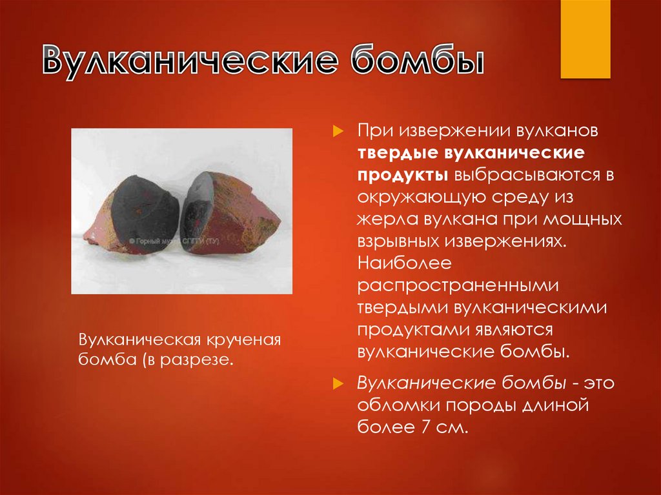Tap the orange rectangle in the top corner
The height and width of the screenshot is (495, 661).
point(585,39)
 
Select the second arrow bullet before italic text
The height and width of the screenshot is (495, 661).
point(336,384)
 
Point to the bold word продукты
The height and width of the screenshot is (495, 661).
point(403,175)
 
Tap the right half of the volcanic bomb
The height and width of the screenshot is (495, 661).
point(229,207)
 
